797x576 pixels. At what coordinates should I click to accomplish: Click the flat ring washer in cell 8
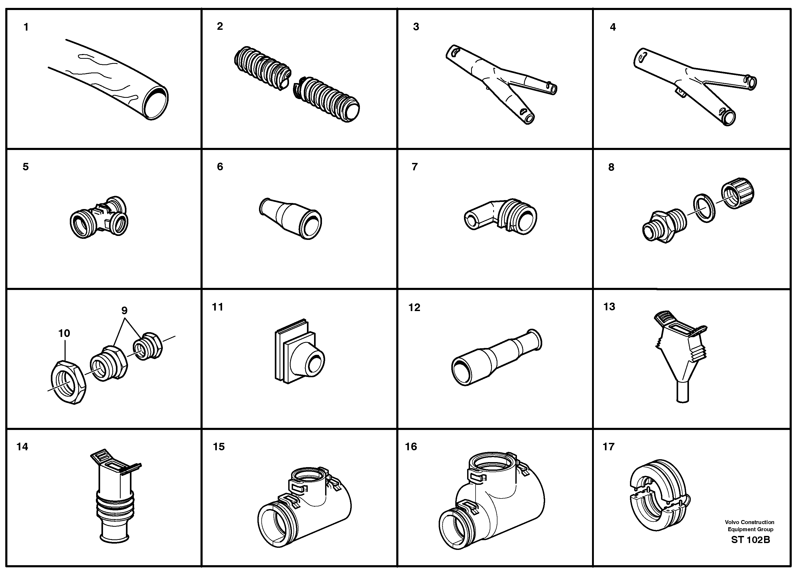tap(704, 207)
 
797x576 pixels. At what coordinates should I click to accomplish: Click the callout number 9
tap(124, 311)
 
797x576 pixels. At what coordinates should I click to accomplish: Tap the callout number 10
tap(64, 333)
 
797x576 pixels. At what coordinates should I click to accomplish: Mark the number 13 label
tap(609, 307)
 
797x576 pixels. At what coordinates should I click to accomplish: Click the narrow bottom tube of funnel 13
tap(682, 393)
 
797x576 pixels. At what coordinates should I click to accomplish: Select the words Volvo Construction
tap(749, 522)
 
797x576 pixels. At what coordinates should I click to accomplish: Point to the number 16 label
tap(411, 447)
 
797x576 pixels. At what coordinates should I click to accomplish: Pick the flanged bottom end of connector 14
tap(115, 538)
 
